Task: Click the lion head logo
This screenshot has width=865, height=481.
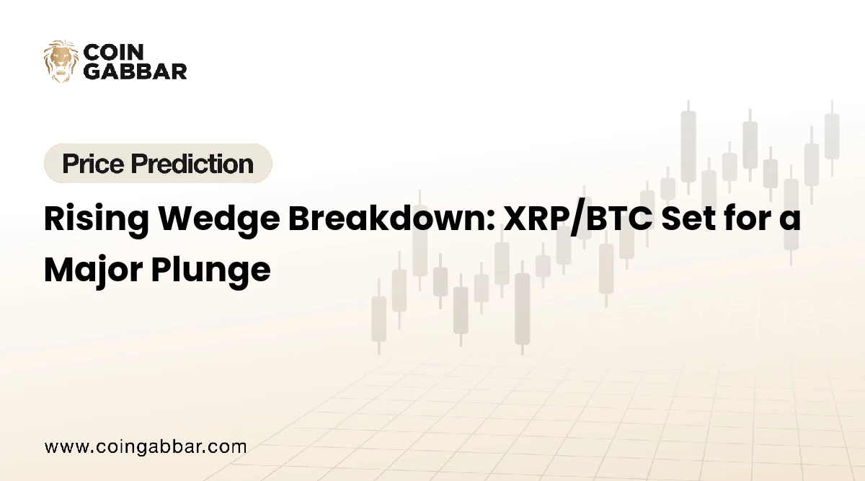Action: [x=61, y=61]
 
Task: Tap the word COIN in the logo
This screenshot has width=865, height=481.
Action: [x=114, y=52]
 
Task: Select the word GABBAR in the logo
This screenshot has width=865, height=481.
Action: [x=136, y=71]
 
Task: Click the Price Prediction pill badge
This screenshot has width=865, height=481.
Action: [x=158, y=163]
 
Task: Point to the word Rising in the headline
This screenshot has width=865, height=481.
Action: [x=97, y=219]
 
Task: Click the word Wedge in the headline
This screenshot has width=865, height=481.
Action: [x=219, y=219]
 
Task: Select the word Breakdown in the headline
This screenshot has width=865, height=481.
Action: [x=389, y=218]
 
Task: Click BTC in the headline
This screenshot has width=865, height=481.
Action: [x=620, y=219]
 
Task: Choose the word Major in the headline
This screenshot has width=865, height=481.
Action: [x=93, y=270]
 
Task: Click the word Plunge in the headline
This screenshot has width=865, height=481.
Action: [x=210, y=270]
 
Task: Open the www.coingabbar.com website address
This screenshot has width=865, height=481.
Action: [x=146, y=447]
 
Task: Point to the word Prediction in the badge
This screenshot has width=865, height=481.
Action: [x=192, y=164]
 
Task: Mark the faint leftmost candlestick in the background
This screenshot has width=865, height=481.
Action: [x=379, y=317]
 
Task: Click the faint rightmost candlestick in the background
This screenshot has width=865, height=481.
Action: [x=832, y=138]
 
